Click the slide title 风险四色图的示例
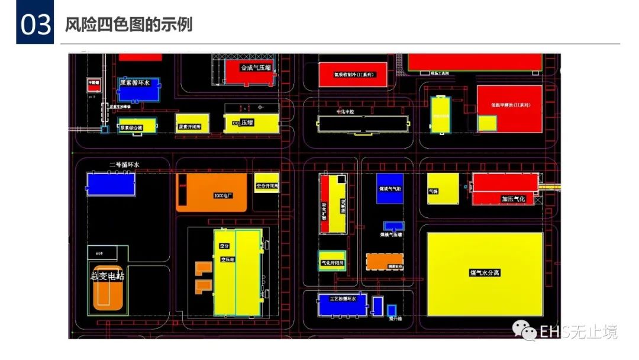pos(129,25)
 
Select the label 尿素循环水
pos(135,83)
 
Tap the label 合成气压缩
pos(256,68)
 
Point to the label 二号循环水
pos(124,165)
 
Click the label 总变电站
pos(107,276)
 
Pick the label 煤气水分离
pos(485,273)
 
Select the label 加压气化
pos(513,199)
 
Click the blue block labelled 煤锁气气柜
pos(390,189)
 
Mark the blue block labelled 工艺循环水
pos(343,304)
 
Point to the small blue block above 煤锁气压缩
pos(393,226)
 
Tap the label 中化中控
pos(344,112)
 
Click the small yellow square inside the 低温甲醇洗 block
pos(487,123)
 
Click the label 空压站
pos(228,259)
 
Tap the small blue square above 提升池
pos(392,310)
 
